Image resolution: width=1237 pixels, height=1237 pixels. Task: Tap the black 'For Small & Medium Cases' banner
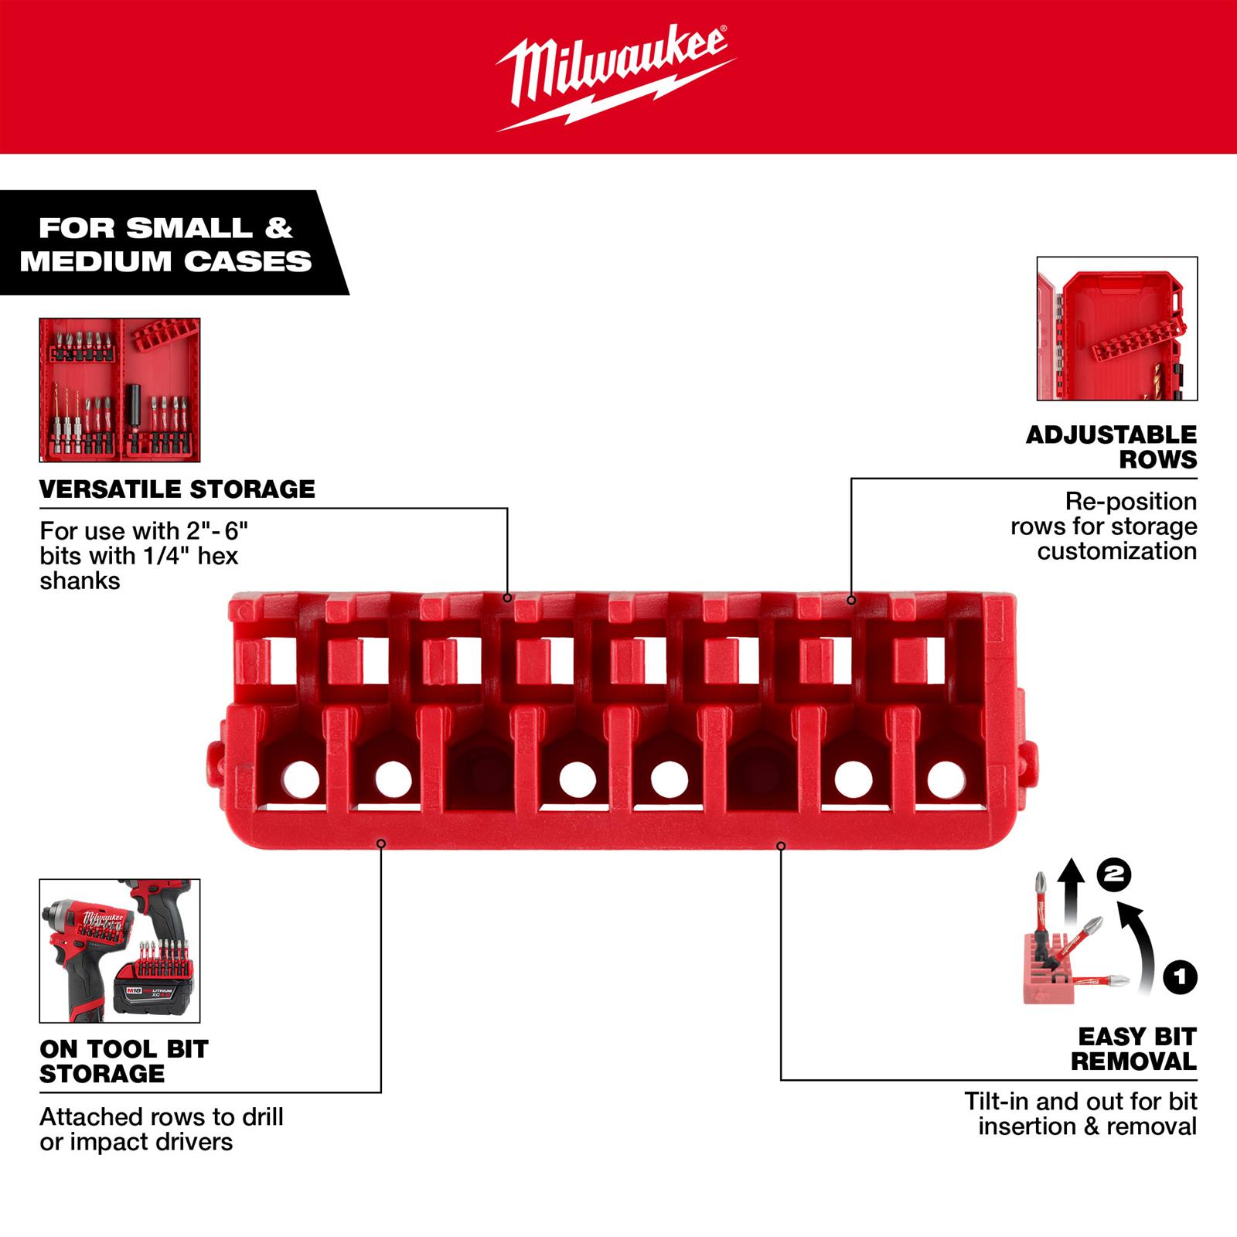(165, 244)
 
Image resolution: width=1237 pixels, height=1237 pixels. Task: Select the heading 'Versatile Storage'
(177, 489)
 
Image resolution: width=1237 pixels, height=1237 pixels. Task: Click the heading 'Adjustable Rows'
(1111, 447)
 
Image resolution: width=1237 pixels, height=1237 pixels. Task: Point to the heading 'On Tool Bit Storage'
(124, 1061)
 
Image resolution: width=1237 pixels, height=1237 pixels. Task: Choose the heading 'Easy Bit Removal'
(1136, 1048)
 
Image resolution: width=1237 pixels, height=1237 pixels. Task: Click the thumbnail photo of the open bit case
(120, 390)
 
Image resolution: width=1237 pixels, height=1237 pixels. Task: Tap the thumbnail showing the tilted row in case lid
(1116, 329)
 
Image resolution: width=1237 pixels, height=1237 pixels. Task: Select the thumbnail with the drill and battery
(120, 950)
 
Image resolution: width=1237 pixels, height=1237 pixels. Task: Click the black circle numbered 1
(1179, 977)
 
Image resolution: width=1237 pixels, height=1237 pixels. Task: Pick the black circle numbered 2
(1114, 874)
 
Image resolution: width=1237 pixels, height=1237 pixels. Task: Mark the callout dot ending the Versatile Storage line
(507, 597)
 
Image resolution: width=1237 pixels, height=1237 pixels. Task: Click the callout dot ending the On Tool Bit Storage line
(380, 843)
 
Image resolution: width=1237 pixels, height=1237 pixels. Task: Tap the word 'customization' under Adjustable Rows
(1116, 551)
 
